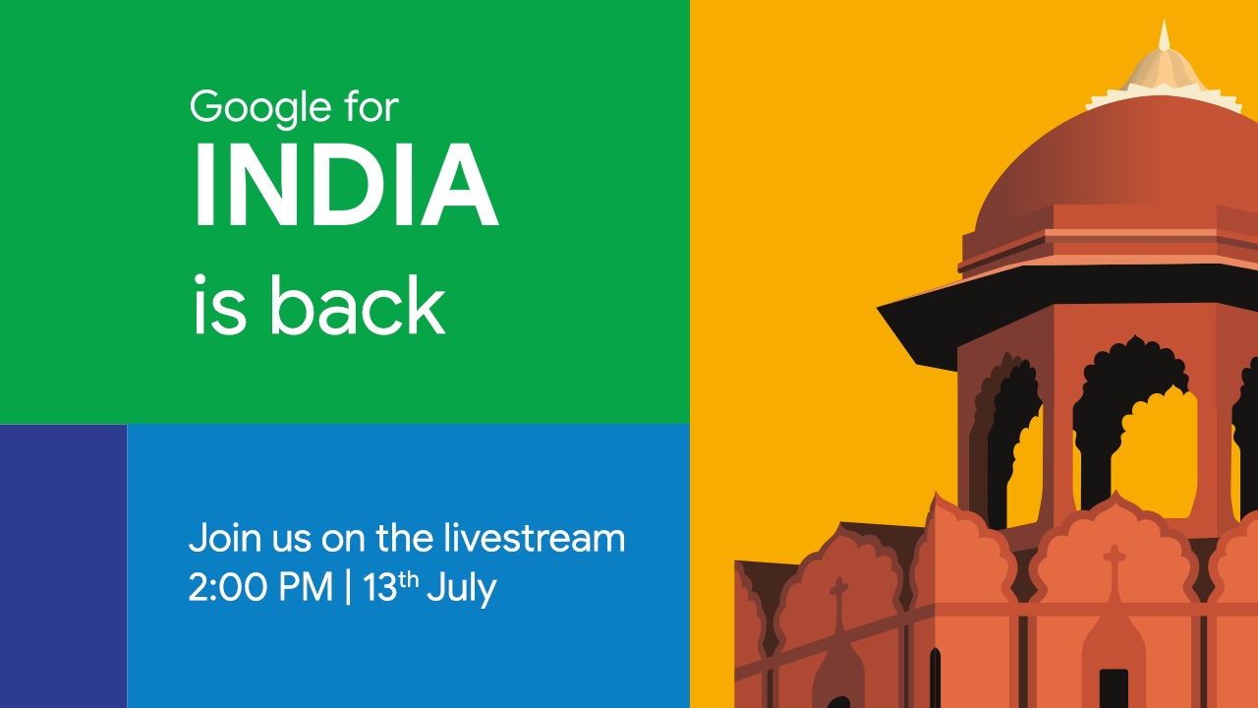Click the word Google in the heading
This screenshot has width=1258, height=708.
pyautogui.click(x=257, y=107)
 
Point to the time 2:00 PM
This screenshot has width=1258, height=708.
pyautogui.click(x=260, y=587)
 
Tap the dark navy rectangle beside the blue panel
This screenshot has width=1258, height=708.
pyautogui.click(x=63, y=565)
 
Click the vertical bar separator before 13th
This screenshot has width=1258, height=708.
pyautogui.click(x=348, y=588)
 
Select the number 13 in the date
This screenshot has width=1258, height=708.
pyautogui.click(x=378, y=588)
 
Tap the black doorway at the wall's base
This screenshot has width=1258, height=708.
pyautogui.click(x=1114, y=688)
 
